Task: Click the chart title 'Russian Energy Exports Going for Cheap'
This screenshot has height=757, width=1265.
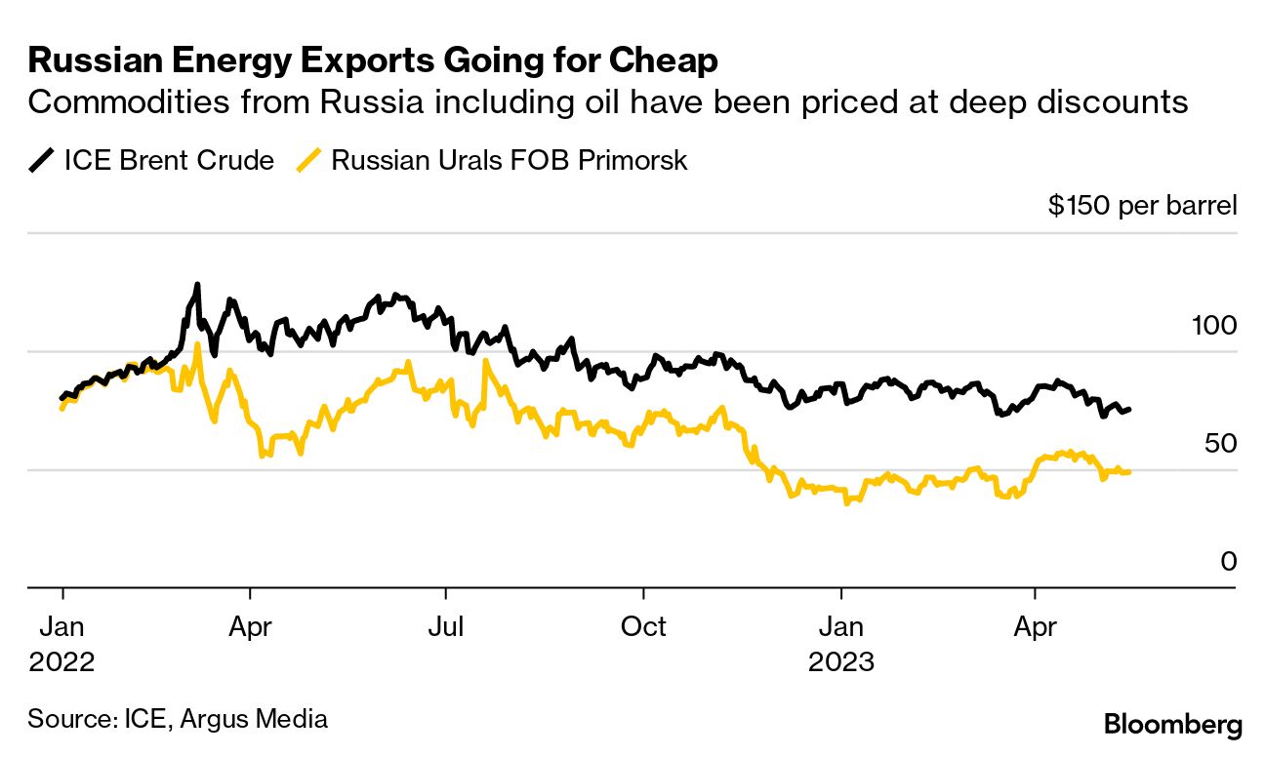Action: pos(373,60)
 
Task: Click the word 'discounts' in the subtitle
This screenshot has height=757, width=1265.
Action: pos(1106,101)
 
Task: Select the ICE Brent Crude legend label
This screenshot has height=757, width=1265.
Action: pos(169,160)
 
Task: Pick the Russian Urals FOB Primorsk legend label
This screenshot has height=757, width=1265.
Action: pos(510,160)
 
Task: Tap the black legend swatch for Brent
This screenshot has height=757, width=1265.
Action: pos(42,160)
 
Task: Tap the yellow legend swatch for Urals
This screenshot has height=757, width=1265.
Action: pos(309,160)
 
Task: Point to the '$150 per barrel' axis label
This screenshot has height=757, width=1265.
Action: pos(1142,206)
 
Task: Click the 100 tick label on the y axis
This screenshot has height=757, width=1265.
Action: pos(1214,325)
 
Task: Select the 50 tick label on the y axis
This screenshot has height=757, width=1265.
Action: pos(1220,443)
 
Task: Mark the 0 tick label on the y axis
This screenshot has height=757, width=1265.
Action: pos(1228,561)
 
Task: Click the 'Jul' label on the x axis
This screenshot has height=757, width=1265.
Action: pos(446,625)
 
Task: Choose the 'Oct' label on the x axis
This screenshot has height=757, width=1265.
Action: pos(643,625)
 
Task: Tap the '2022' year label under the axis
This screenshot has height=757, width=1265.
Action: pos(61,661)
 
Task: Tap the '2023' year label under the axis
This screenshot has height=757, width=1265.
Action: pos(841,661)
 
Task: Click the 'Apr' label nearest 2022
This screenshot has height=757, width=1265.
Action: pos(251,625)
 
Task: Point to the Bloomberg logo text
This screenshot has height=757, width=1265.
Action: pos(1172,725)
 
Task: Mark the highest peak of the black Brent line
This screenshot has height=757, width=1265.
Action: pos(197,285)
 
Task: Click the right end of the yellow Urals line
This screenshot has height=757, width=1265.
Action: pos(1129,471)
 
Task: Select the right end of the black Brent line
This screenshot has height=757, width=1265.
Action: pos(1129,409)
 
